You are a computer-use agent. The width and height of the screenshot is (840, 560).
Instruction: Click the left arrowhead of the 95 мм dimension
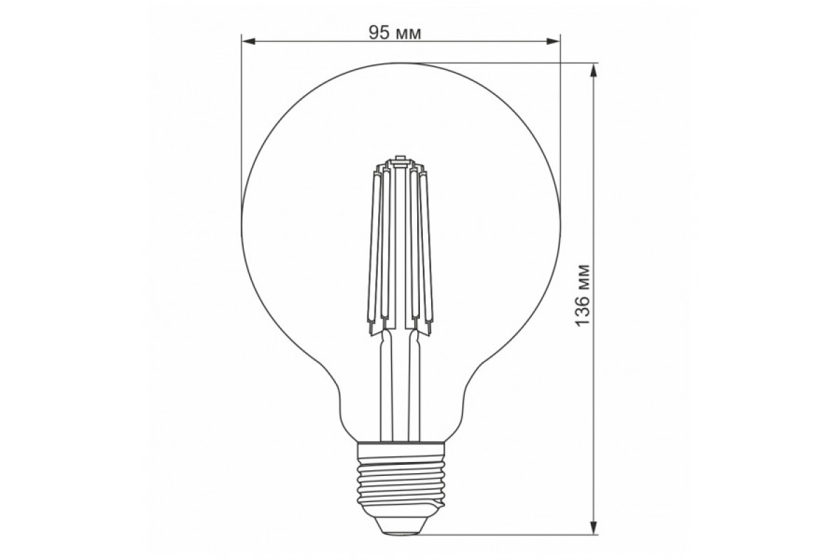(246, 41)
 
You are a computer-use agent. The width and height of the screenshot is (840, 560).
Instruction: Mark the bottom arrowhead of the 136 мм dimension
(594, 529)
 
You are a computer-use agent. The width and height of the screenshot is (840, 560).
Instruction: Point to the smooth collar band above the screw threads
(401, 448)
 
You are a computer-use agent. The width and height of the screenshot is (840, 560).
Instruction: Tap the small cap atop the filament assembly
(401, 158)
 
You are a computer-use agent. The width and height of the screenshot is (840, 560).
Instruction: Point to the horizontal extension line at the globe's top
(504, 62)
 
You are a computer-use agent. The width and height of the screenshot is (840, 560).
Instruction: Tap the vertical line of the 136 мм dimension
(594, 175)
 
